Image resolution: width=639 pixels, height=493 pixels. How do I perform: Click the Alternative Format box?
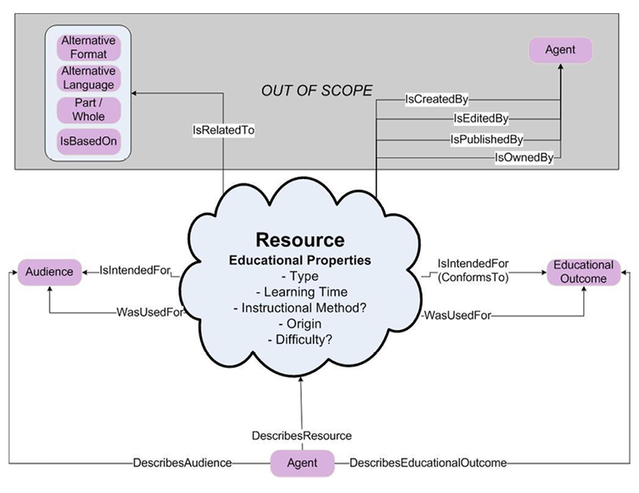(x=89, y=47)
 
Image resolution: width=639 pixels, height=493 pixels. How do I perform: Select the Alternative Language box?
(x=89, y=78)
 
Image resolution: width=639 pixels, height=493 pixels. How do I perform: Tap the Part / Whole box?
(x=89, y=110)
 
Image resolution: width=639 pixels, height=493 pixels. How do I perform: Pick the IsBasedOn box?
(x=89, y=141)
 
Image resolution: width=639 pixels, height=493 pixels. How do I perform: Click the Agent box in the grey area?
(x=560, y=50)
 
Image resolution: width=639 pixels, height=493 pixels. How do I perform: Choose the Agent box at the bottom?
(x=302, y=463)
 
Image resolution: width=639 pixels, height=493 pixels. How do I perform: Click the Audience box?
(x=49, y=271)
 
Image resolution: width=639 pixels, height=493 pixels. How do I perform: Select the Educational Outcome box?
(x=583, y=271)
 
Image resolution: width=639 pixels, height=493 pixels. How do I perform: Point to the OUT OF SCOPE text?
(x=317, y=91)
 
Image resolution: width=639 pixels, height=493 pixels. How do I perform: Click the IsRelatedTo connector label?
(x=223, y=131)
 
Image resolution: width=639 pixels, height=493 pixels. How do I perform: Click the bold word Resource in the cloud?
(x=299, y=239)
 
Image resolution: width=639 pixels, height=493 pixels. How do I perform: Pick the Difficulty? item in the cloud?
(x=299, y=339)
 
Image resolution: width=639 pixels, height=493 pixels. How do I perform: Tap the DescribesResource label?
(x=301, y=436)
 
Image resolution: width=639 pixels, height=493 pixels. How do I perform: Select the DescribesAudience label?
(x=182, y=463)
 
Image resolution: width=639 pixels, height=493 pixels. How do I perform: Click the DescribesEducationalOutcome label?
(x=428, y=463)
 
